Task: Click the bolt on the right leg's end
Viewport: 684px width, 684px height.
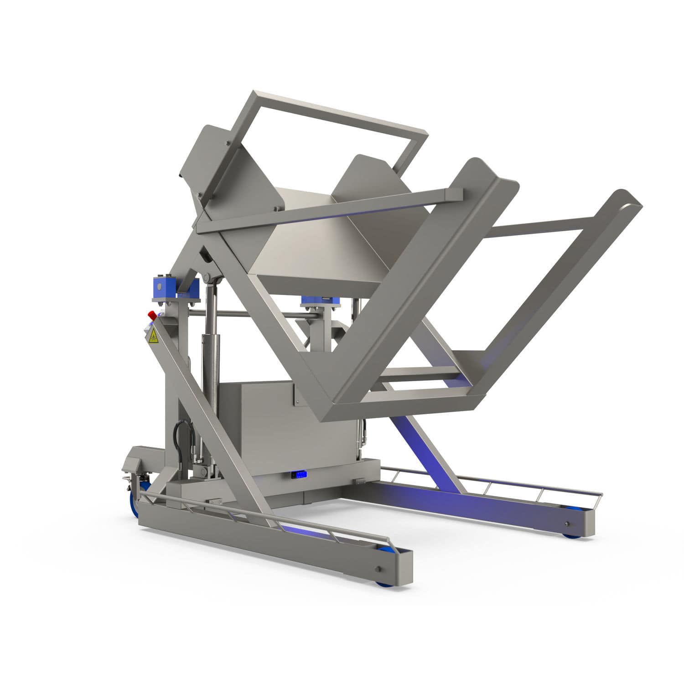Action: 567,523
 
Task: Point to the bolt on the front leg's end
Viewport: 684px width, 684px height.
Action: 378,569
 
